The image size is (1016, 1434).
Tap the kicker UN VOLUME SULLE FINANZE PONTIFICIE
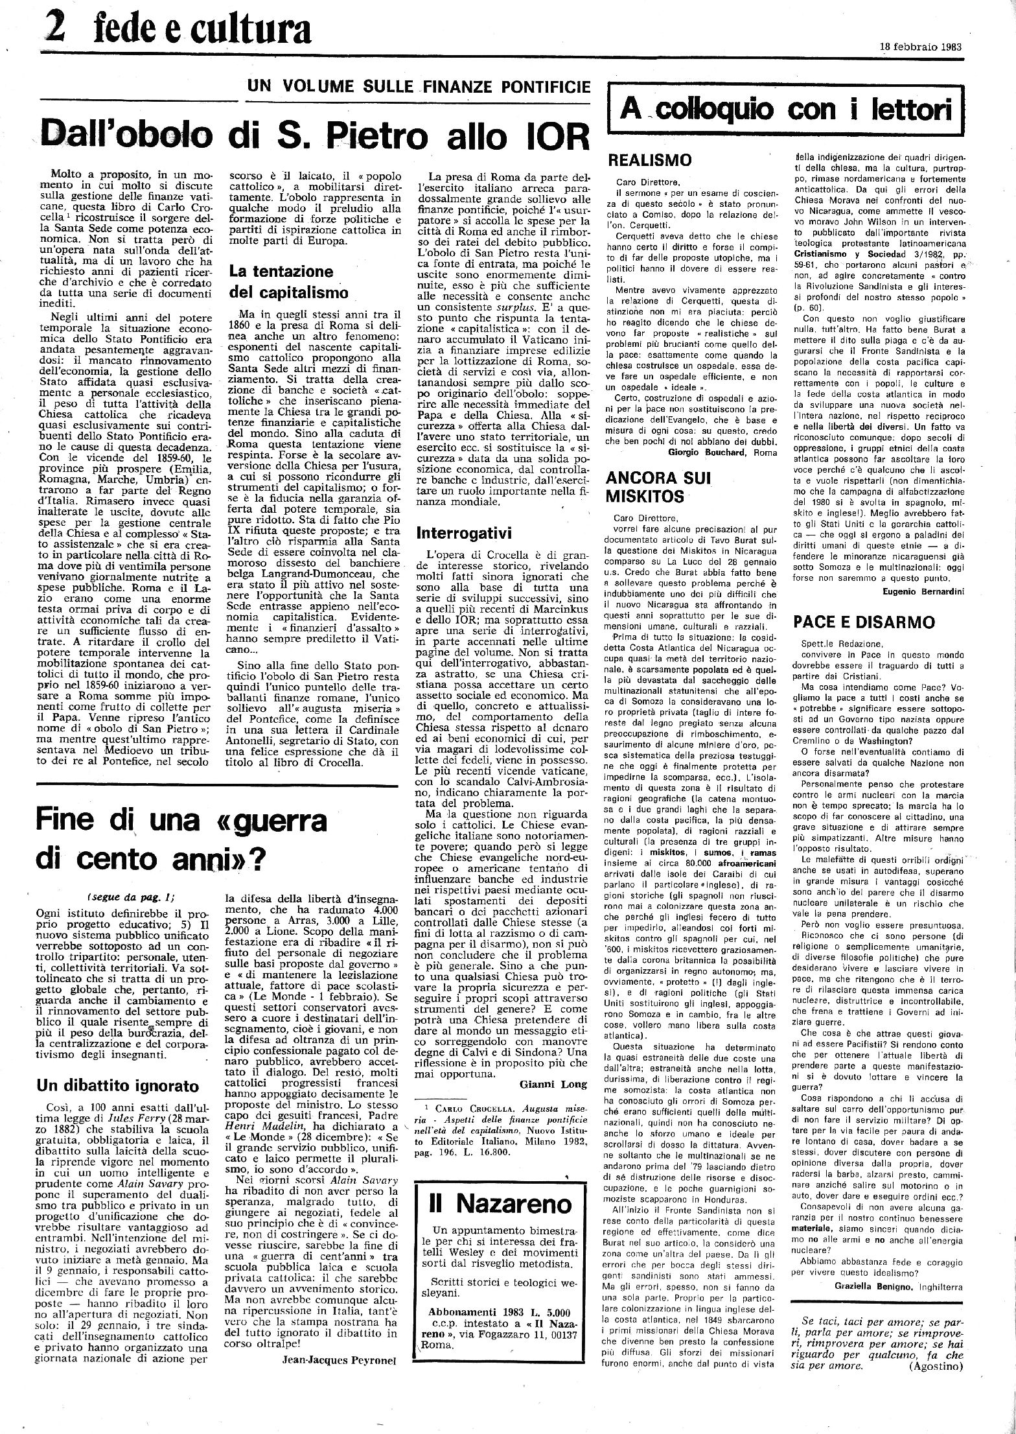pyautogui.click(x=419, y=86)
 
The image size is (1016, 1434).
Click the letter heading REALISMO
pyautogui.click(x=649, y=160)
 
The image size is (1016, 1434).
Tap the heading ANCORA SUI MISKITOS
pyautogui.click(x=658, y=487)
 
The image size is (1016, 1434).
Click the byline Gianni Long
pyautogui.click(x=553, y=1084)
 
